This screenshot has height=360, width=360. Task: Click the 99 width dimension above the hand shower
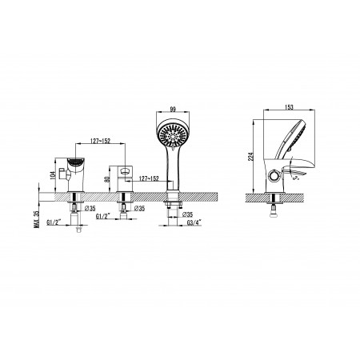point(174,109)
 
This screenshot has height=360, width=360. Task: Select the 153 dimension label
point(289,107)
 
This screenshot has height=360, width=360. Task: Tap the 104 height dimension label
point(53,174)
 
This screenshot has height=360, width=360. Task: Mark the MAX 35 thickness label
point(37,219)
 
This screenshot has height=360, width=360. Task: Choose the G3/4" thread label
point(194,222)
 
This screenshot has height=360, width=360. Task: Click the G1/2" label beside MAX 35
point(54,222)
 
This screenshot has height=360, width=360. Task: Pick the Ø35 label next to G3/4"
point(188,214)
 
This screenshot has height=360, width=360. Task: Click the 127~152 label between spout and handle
point(101,141)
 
